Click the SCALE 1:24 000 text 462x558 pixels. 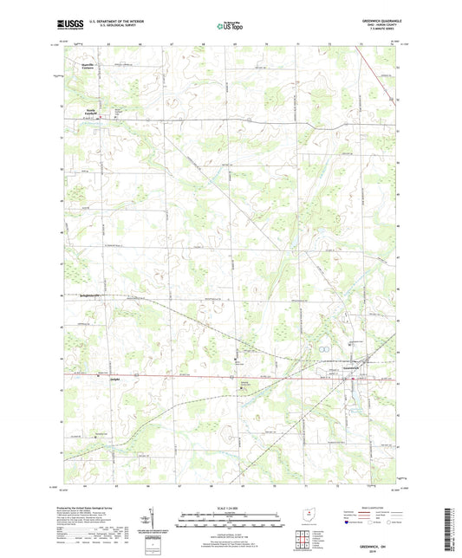pos(230,508)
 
